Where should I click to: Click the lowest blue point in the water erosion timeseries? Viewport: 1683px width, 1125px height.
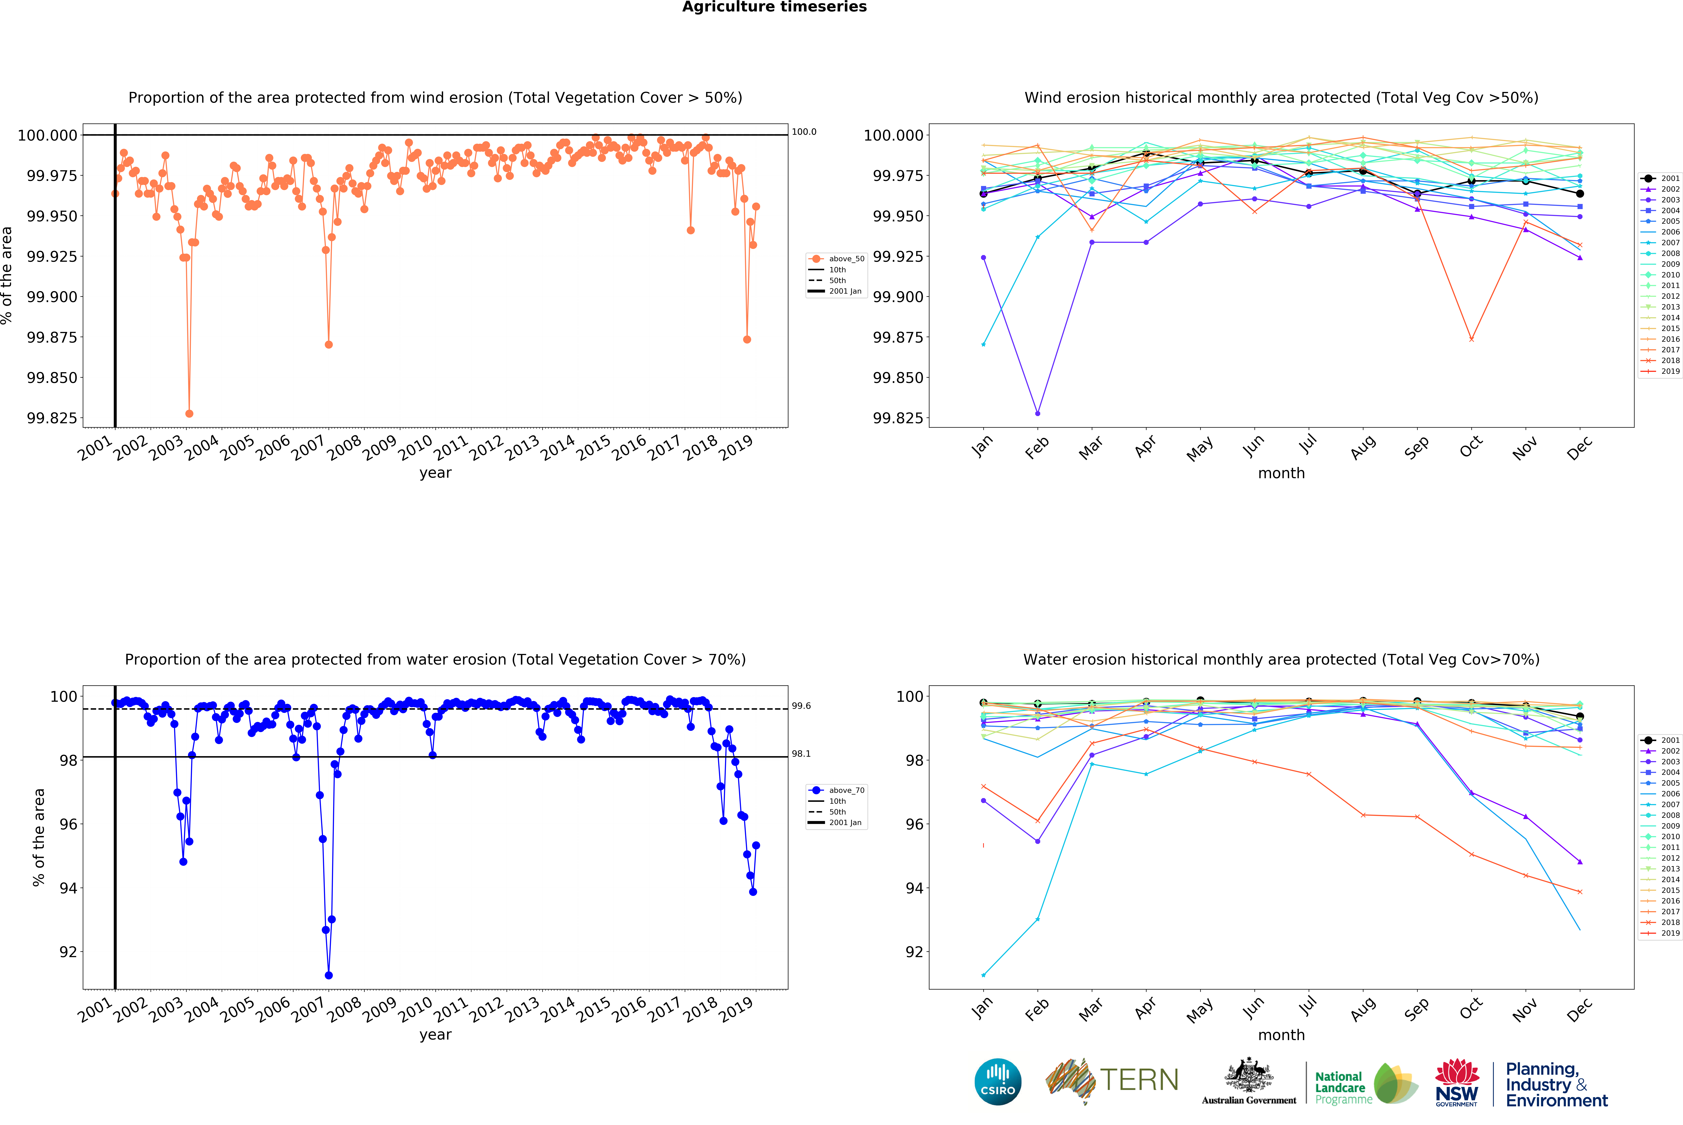[328, 975]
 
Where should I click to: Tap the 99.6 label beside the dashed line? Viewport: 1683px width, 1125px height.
[801, 706]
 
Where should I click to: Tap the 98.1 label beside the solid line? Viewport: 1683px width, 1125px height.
[801, 753]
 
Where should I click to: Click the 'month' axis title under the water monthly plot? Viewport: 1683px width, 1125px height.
[1281, 1035]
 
